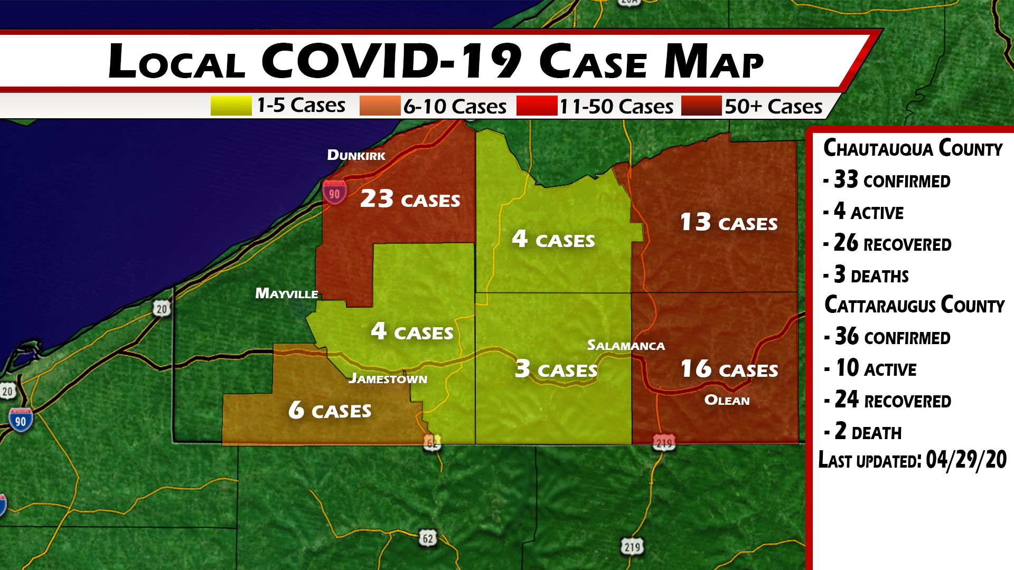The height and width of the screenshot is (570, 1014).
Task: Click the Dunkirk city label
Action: [x=356, y=155]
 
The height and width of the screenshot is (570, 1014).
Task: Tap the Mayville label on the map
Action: [x=286, y=293]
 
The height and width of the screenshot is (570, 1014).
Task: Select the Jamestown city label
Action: [x=388, y=378]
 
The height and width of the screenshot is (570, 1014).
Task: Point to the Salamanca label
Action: [x=626, y=346]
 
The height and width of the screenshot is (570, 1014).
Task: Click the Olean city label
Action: [x=727, y=401]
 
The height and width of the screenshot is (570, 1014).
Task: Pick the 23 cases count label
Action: [x=410, y=199]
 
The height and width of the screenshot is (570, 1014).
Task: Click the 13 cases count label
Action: [x=729, y=222]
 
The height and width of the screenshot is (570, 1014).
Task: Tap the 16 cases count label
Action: [x=729, y=369]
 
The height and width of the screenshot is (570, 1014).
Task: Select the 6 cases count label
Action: [x=330, y=410]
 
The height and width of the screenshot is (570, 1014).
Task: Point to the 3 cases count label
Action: [x=556, y=369]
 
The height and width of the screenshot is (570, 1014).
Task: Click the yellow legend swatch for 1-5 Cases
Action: [x=231, y=106]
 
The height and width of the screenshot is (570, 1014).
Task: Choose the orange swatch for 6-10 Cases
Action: [x=380, y=106]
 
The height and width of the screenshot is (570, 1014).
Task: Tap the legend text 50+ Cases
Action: [x=773, y=107]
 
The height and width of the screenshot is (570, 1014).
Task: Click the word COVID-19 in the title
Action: [x=391, y=61]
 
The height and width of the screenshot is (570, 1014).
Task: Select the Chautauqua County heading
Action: [x=913, y=148]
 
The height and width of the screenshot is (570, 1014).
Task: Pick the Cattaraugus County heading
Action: [x=914, y=305]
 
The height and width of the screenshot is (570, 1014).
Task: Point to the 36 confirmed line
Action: [x=892, y=337]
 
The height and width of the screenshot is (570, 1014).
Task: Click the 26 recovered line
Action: [x=892, y=243]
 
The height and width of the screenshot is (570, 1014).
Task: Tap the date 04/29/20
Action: [x=966, y=460]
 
